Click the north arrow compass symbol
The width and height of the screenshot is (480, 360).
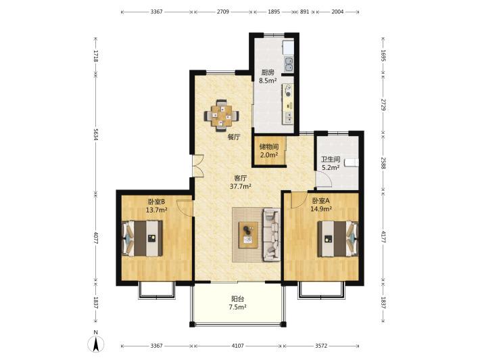pos(96,344)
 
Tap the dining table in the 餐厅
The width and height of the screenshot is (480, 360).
pos(222,116)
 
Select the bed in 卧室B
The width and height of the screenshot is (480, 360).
pos(143,238)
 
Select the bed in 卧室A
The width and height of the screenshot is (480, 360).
pos(337,238)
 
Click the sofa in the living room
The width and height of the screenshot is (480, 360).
pos(272,234)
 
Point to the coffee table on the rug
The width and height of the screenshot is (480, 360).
pos(248,235)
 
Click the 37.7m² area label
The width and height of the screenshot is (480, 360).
pos(241,186)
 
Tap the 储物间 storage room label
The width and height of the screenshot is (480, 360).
pos(269,147)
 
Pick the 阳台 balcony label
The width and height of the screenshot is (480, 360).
pos(237,298)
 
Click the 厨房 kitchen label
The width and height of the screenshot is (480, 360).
pos(268,73)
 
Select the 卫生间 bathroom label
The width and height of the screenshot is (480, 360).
pos(331,159)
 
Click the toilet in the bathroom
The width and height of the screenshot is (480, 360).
pos(352,162)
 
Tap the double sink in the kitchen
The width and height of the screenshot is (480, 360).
pos(289,64)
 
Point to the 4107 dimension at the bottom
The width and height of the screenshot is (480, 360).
pos(237,346)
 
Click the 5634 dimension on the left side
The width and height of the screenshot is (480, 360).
pos(96,134)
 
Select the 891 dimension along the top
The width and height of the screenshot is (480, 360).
pos(304,12)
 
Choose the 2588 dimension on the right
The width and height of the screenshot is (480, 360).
pos(383,163)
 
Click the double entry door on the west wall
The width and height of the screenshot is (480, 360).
pos(198,165)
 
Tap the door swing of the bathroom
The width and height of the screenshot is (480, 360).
pos(324,179)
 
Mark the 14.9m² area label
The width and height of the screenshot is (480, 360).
pos(321,209)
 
